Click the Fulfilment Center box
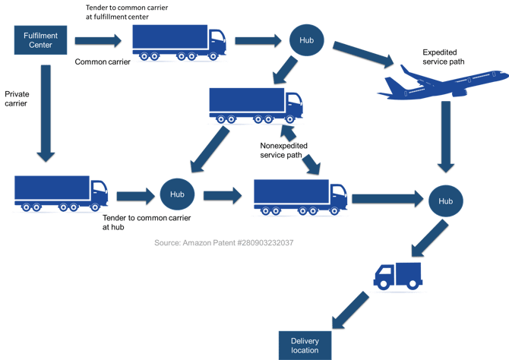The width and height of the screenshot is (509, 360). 43,39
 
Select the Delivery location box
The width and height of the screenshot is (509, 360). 305,345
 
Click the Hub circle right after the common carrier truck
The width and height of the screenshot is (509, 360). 305,39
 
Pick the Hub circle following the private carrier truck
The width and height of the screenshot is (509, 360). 177,194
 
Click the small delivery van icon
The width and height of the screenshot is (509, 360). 400,276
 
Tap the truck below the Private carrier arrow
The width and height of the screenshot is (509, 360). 61,194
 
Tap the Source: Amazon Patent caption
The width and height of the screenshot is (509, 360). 223,242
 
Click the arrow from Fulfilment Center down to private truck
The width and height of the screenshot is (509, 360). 46,114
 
